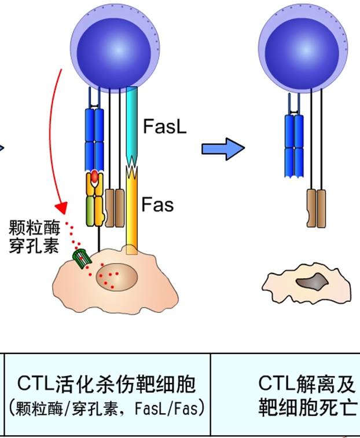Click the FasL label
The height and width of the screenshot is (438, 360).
pyautogui.click(x=165, y=127)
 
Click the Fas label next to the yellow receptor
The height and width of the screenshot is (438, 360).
pyautogui.click(x=157, y=204)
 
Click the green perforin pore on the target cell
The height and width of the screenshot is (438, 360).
pyautogui.click(x=81, y=258)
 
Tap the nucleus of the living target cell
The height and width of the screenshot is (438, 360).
pyautogui.click(x=116, y=275)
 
